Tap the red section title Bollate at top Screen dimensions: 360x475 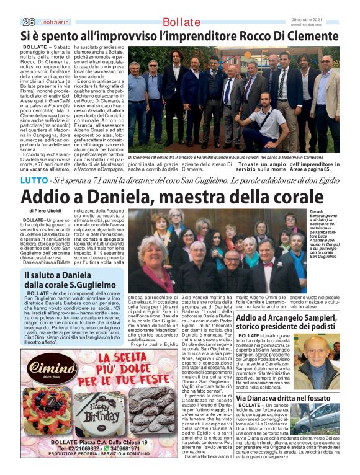181,22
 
